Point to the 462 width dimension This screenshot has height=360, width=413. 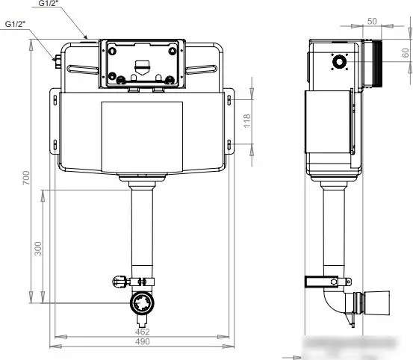point(142,331)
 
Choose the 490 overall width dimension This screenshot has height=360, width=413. point(142,341)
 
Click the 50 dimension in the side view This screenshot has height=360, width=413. point(372,21)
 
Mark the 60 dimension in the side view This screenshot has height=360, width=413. point(405,55)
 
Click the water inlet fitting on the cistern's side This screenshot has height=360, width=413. point(57,60)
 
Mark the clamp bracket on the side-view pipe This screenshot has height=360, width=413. point(327,282)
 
